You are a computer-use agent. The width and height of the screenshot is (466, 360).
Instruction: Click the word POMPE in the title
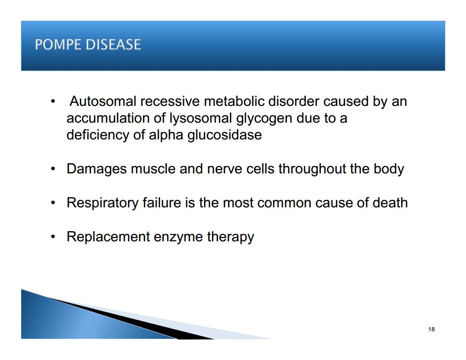58,45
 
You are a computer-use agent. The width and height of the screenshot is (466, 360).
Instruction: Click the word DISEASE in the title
113,45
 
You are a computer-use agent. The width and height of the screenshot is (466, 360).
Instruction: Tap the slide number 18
432,329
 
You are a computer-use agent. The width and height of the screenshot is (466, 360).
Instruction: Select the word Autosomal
103,101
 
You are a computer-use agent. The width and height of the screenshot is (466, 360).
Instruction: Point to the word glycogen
264,119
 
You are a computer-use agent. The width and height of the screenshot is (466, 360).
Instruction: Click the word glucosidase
224,135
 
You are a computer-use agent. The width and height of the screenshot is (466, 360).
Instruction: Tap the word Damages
97,169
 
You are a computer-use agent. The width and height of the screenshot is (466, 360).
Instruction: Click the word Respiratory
102,203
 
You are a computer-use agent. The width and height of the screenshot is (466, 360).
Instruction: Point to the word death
390,203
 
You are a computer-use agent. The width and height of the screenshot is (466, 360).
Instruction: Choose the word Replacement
108,237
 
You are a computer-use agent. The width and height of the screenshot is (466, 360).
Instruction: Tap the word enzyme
178,237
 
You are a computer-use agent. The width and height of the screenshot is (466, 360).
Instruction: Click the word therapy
230,237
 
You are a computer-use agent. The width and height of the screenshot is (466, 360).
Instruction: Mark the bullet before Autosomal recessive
53,101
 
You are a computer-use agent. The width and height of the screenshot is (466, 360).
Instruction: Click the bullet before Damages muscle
53,169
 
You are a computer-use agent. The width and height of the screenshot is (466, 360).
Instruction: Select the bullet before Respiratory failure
53,203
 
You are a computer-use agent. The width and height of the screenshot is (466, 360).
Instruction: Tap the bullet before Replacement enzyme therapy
53,237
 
